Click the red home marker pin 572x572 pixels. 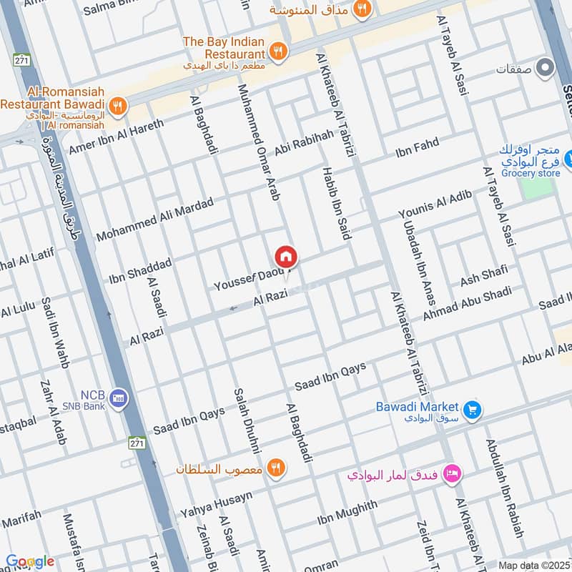coord(286,257)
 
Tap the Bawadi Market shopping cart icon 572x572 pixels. coord(471,410)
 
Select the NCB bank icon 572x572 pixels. coord(119,398)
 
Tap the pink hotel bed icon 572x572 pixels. coord(452,473)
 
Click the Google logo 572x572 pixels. coord(29,561)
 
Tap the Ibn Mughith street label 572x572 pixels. coord(347,513)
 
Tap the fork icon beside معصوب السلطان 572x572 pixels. coord(275,468)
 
